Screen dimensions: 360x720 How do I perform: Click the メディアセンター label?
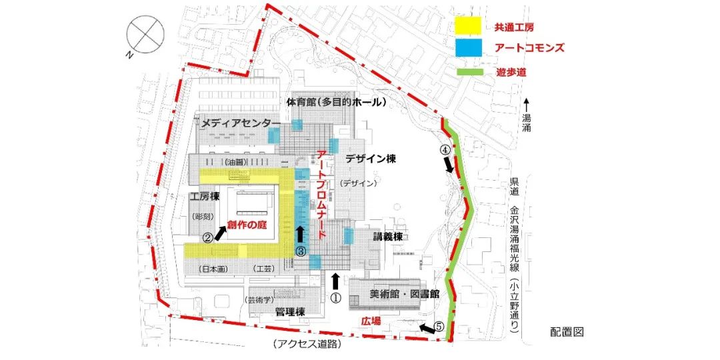click(x=237, y=123)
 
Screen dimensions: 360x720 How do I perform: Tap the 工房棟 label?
click(x=205, y=197)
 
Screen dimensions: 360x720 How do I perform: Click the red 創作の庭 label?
click(x=247, y=226)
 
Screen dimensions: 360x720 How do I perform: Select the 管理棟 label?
click(x=291, y=312)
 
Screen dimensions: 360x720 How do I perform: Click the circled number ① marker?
click(x=335, y=299)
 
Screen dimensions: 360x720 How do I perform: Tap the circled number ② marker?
click(x=207, y=236)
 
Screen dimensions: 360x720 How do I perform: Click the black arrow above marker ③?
click(x=301, y=233)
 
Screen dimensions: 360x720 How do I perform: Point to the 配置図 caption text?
click(x=567, y=332)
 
